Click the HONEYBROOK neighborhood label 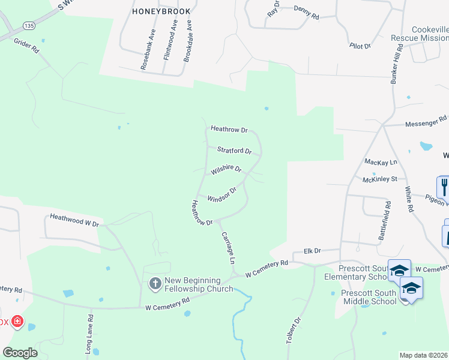[160, 11]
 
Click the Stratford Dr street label [234, 151]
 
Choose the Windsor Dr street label [221, 194]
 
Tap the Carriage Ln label [228, 248]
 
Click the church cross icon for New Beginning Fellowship [155, 283]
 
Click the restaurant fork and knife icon [444, 187]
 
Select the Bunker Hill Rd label [395, 66]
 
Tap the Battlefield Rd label [388, 221]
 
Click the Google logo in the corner [20, 352]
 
